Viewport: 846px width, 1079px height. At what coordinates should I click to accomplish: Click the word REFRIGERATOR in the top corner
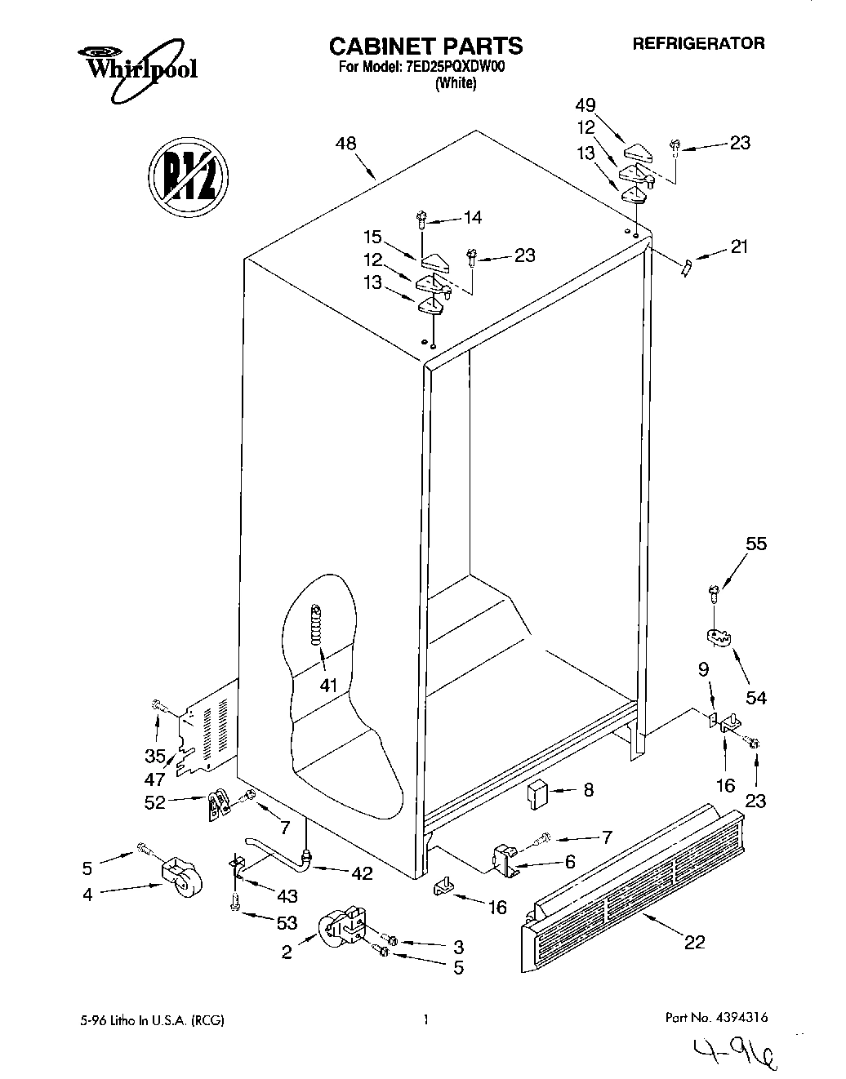click(698, 44)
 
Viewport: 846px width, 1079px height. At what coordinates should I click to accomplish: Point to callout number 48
click(345, 144)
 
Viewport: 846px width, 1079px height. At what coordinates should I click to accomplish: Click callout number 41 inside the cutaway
click(327, 685)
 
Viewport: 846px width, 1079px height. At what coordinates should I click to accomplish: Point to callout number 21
click(739, 246)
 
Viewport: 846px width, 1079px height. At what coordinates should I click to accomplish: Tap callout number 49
click(608, 104)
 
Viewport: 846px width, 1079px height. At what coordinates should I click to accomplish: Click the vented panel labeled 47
click(204, 730)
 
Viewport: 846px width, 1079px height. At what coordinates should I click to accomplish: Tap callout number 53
click(286, 922)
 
